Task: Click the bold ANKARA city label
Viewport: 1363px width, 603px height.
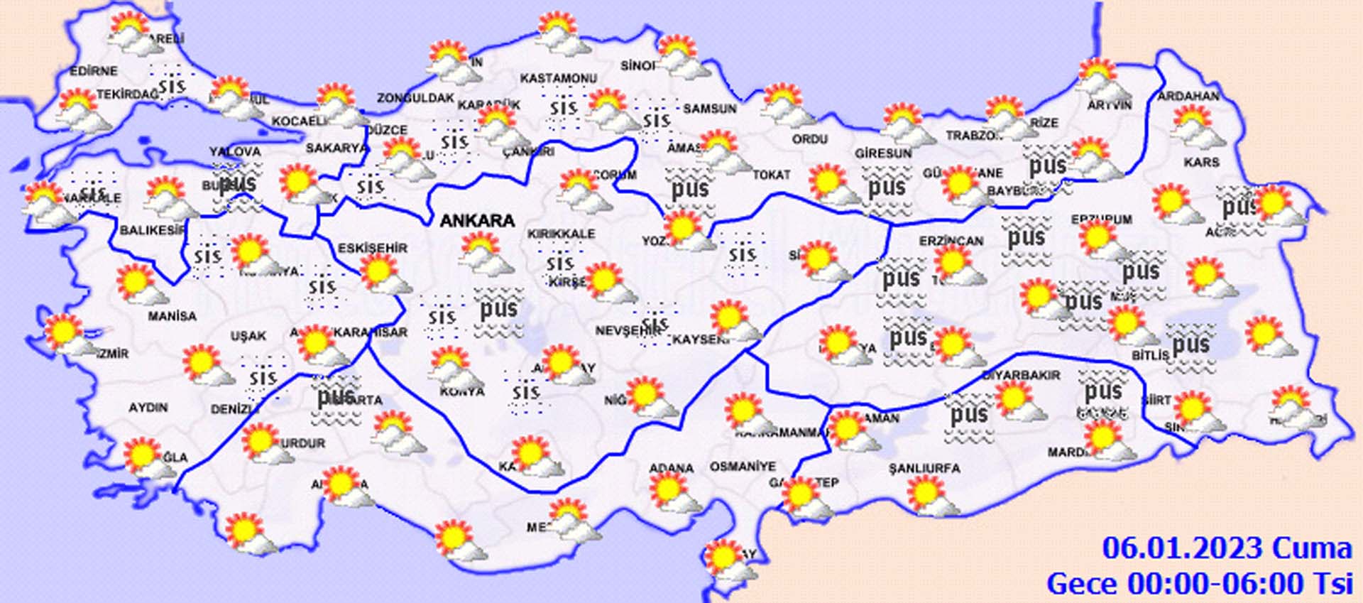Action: click(x=477, y=221)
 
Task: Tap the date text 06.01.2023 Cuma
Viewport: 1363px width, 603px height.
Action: click(x=1227, y=549)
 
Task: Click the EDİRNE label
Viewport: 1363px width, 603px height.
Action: click(x=94, y=71)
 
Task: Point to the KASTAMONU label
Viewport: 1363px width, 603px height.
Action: click(x=559, y=78)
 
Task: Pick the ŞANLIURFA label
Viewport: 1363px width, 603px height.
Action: click(x=924, y=469)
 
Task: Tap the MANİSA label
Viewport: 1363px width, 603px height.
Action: click(x=172, y=316)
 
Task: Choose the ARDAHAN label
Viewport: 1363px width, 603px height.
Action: click(x=1188, y=96)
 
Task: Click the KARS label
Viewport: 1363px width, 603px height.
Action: click(x=1201, y=163)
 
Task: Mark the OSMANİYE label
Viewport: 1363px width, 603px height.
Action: click(x=743, y=467)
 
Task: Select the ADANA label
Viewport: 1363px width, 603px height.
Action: click(x=671, y=468)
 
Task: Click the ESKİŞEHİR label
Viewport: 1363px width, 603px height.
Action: click(x=373, y=248)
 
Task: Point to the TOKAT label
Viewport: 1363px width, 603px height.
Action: click(x=771, y=175)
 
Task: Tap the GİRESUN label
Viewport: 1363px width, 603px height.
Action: click(x=883, y=153)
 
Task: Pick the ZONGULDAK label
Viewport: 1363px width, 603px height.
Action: click(x=415, y=98)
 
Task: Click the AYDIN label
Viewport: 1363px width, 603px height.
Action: click(x=148, y=408)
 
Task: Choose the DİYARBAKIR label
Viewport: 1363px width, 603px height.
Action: click(x=1021, y=375)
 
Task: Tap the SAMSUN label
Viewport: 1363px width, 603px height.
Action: click(x=710, y=109)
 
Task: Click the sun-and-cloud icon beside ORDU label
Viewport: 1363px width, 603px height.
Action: click(x=787, y=106)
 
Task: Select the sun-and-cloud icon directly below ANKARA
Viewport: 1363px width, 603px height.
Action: click(x=486, y=254)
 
